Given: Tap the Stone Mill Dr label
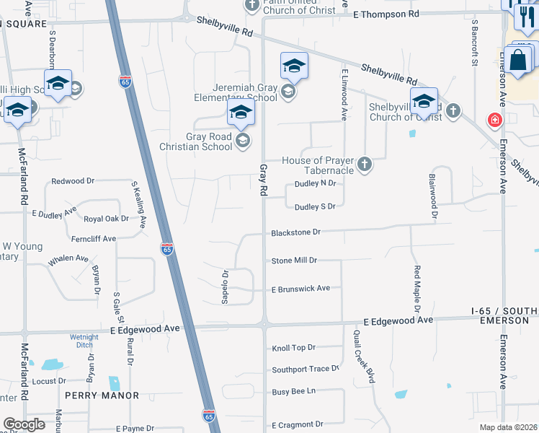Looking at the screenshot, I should coord(294,261).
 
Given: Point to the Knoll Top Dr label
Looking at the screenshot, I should coord(293,348).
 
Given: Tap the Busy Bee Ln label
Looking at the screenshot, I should coord(293,391).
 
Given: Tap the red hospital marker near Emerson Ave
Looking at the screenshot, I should coord(495,120).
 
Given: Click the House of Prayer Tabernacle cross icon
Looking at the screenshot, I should coord(365,165).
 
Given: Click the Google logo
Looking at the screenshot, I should coord(24,424).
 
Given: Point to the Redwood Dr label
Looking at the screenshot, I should coord(73,181).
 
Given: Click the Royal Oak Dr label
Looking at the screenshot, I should coord(106,218).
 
